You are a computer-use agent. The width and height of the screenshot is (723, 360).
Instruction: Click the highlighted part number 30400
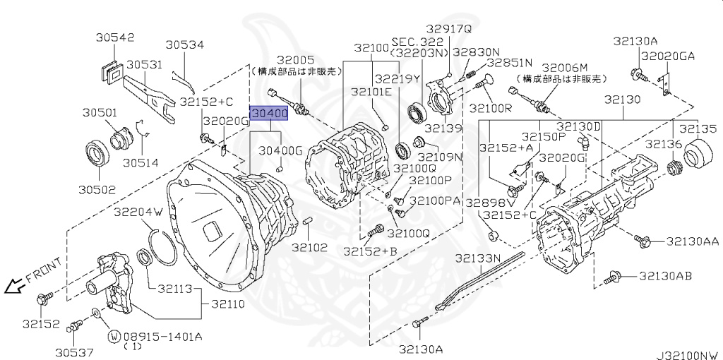[268, 113]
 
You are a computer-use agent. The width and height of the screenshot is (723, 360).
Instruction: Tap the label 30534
[185, 45]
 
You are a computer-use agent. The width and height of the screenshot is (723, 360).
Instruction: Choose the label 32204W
[138, 211]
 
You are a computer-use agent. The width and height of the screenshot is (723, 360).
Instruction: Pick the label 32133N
[478, 258]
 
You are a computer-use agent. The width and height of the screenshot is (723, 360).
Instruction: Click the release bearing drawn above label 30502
[97, 154]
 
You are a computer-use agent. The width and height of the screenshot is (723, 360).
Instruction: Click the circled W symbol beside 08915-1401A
[112, 335]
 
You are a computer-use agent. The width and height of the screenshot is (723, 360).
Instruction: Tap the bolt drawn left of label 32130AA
[642, 241]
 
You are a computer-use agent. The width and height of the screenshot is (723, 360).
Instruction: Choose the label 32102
[310, 247]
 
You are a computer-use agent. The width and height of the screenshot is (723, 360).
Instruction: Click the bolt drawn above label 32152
[44, 299]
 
